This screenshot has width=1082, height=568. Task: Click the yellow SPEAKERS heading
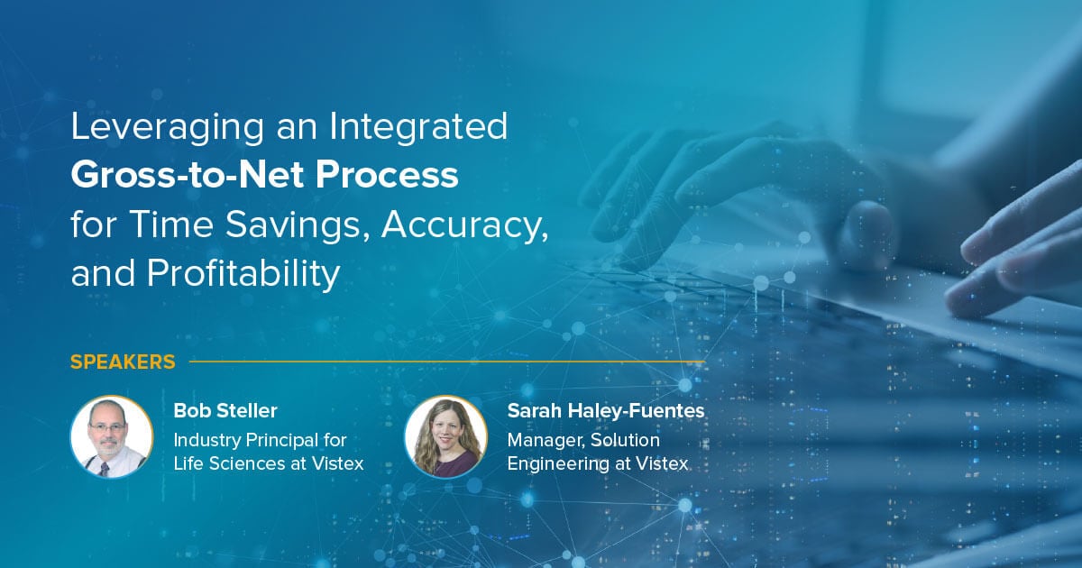coord(123,362)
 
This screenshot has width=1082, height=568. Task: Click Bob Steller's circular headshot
coord(112,436)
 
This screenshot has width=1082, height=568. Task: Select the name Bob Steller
coord(225,411)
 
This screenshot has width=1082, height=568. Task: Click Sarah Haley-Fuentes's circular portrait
coord(445,436)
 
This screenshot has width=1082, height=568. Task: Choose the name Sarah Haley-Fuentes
coord(606,411)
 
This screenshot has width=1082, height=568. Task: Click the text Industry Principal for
coord(261,440)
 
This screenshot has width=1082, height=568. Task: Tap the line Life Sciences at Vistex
coord(269,464)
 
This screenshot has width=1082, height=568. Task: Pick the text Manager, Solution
coord(583,440)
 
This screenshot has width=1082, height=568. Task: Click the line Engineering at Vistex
coord(598,464)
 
